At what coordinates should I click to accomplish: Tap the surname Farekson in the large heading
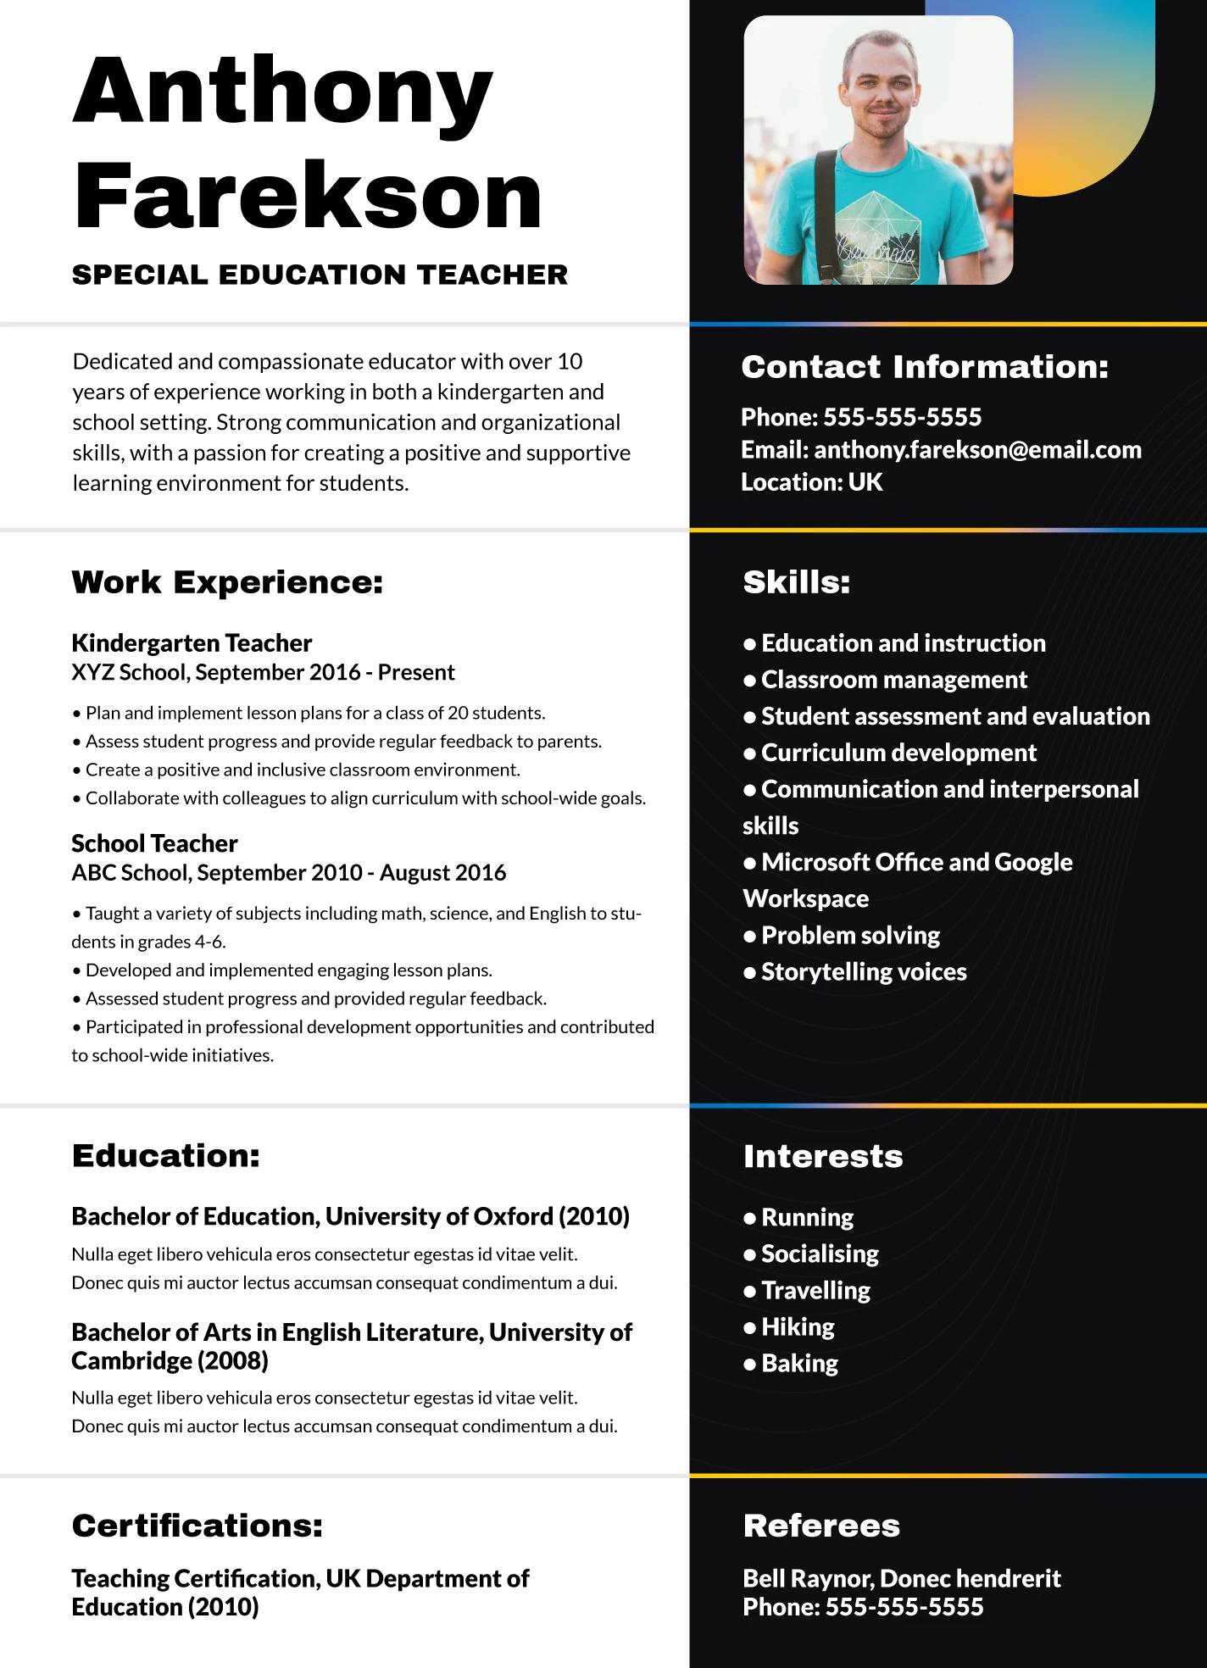click(x=307, y=197)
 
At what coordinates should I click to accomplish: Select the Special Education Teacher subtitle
click(x=320, y=275)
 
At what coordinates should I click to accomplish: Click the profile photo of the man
click(x=878, y=151)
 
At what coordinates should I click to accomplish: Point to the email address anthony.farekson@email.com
click(x=977, y=450)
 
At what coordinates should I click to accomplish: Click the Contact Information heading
click(x=925, y=367)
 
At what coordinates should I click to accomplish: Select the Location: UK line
click(x=811, y=482)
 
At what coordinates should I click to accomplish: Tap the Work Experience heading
click(x=227, y=582)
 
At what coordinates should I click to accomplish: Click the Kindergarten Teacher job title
click(x=192, y=643)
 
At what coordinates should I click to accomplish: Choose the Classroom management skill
click(x=893, y=680)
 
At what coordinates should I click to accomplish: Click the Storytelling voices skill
click(x=863, y=972)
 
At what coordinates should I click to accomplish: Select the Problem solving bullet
click(x=850, y=936)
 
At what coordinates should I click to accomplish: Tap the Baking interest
click(x=799, y=1364)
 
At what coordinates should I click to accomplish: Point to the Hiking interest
click(x=798, y=1327)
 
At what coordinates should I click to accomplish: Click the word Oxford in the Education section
click(x=513, y=1217)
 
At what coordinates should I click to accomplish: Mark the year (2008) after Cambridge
click(x=232, y=1361)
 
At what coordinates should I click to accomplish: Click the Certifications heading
click(x=197, y=1526)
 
